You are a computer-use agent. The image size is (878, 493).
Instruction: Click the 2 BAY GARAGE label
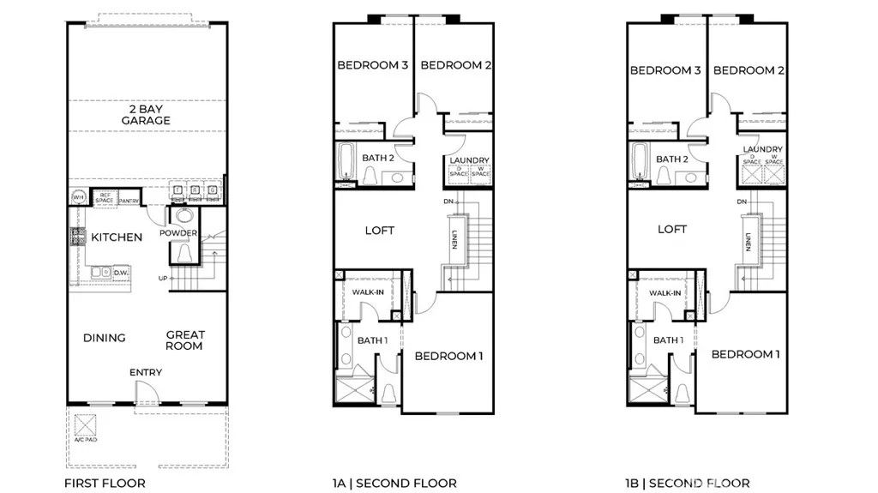click(145, 115)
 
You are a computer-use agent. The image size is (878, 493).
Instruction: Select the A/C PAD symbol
click(85, 425)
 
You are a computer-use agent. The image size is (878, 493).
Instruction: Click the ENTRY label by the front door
click(146, 372)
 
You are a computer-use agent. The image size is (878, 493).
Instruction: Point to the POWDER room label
click(178, 234)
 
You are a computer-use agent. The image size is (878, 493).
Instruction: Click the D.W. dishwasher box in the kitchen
click(121, 273)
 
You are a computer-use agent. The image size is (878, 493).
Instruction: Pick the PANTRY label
click(129, 201)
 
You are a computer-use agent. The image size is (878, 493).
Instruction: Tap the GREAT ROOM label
click(184, 340)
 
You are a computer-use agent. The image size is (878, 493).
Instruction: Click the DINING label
click(105, 338)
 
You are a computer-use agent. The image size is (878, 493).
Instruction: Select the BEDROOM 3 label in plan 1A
click(372, 65)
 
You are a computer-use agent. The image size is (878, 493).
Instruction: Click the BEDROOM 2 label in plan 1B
click(749, 70)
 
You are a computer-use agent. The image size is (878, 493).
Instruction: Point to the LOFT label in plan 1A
click(379, 231)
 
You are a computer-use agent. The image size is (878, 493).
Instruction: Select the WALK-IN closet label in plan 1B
click(665, 293)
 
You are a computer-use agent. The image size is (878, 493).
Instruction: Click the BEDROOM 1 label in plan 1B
click(745, 354)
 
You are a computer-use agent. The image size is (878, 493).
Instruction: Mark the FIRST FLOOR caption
click(105, 484)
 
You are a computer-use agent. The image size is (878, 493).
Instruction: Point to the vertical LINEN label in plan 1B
click(748, 242)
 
